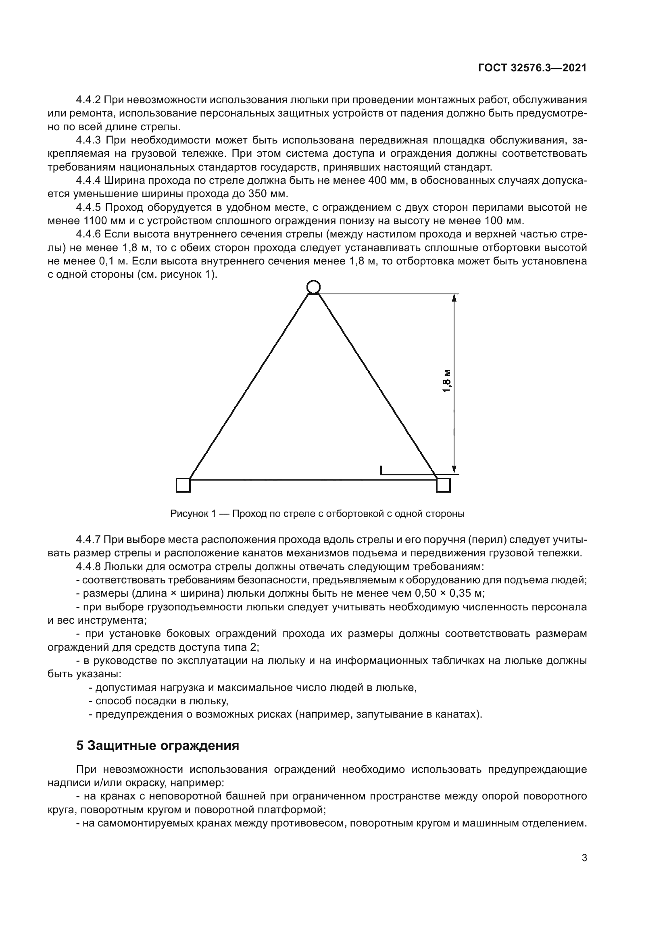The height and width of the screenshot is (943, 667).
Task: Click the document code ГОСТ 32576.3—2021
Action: tap(532, 68)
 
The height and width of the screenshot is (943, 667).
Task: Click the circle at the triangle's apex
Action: tap(313, 287)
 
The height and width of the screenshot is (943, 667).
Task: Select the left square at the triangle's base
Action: tap(183, 485)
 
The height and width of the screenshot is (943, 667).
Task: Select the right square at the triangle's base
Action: tap(443, 485)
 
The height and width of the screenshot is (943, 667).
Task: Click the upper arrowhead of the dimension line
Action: tap(454, 299)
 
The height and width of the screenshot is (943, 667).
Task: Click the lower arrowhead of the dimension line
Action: tap(454, 469)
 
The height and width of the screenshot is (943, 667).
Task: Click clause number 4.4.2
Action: tap(88, 100)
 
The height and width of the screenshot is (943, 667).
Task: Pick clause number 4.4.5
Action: tap(88, 207)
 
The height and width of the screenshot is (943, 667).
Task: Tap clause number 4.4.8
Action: tap(88, 567)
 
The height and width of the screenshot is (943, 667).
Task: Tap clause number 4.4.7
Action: tap(88, 540)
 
